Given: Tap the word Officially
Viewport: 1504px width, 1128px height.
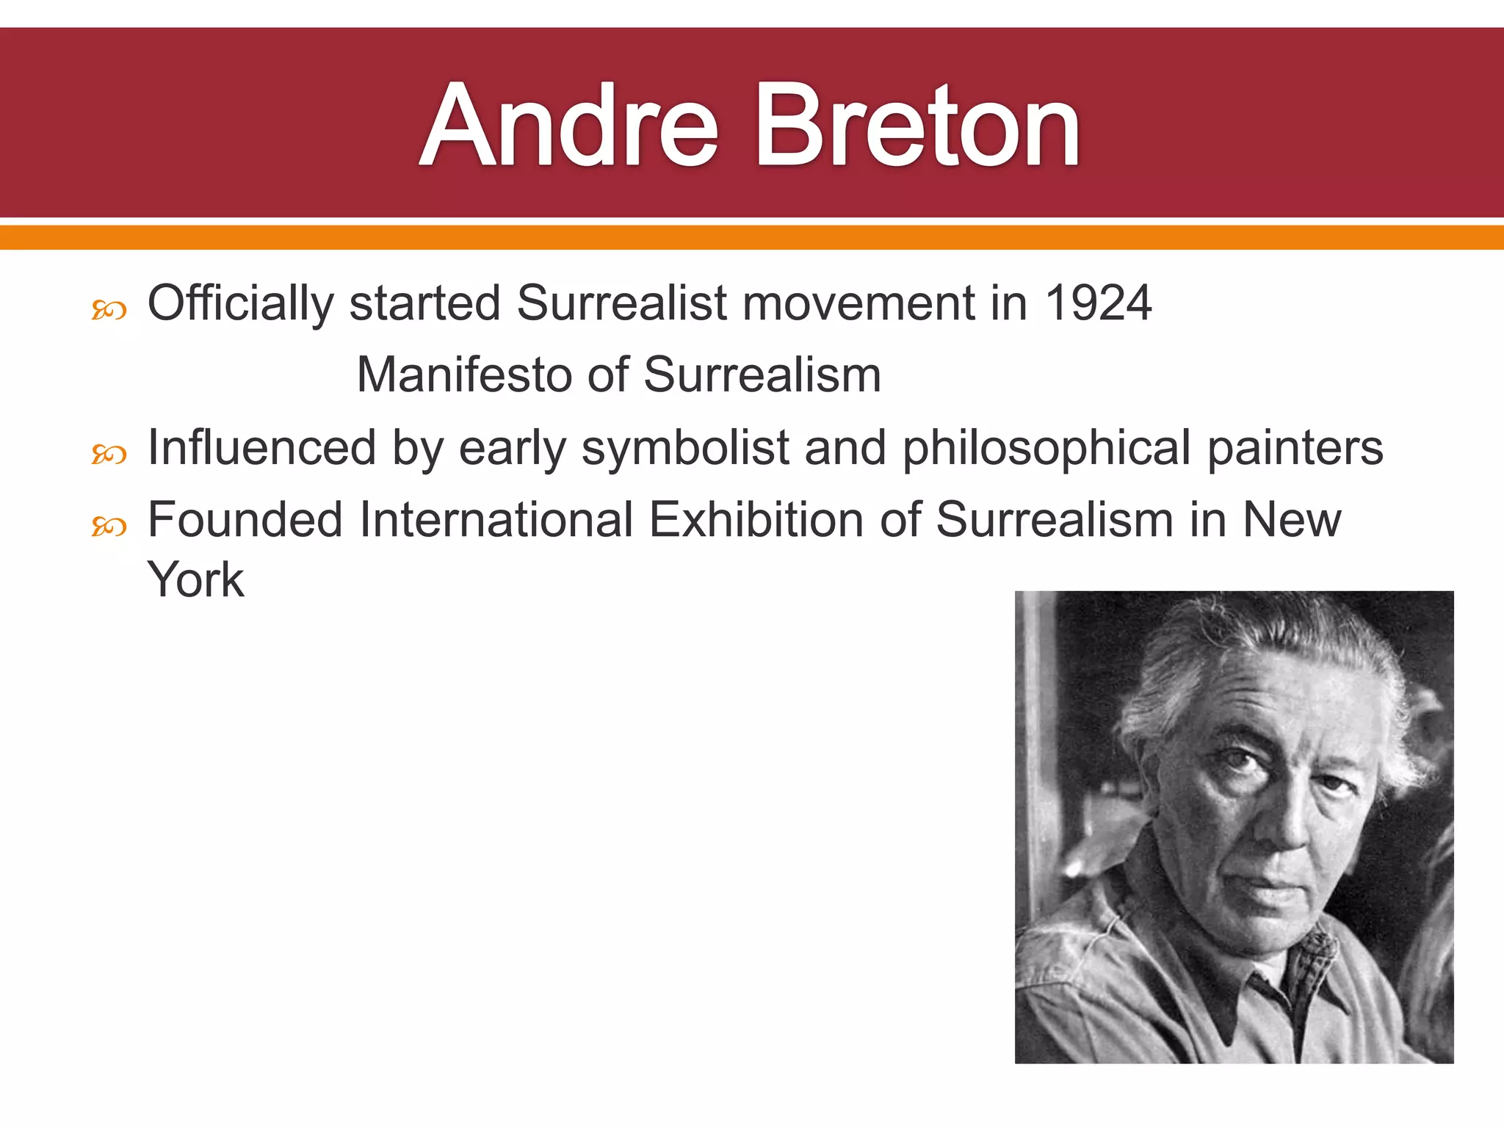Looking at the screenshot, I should point(240,304).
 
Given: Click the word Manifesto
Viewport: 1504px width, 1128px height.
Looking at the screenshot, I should point(464,375).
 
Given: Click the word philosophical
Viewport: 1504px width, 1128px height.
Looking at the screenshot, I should point(1046,448).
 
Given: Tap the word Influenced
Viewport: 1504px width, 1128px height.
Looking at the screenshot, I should point(261,448).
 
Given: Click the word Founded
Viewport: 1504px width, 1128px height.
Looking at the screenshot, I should point(245,520).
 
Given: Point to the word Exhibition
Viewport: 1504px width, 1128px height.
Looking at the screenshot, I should point(756,520).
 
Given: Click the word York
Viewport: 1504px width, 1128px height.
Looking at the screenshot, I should point(195,580).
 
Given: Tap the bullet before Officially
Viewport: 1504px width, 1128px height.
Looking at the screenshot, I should point(109,311).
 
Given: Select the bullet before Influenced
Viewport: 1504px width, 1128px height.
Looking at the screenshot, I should point(109,455).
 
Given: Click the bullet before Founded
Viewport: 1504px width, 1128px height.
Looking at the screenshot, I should point(109,527).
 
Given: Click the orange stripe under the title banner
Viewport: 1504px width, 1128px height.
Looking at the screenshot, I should point(752,237).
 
